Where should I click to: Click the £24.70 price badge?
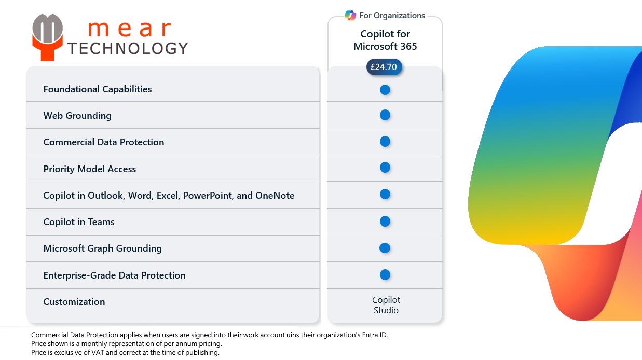tap(384, 67)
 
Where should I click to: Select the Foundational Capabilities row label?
tap(98, 89)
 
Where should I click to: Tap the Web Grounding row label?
tap(77, 116)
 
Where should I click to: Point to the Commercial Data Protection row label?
tap(104, 142)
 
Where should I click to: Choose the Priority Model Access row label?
tap(90, 169)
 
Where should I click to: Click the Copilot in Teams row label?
tap(79, 222)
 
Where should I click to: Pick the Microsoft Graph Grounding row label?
tap(103, 248)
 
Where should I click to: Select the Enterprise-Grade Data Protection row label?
tap(114, 275)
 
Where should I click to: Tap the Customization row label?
tap(74, 302)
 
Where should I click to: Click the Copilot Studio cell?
tap(386, 305)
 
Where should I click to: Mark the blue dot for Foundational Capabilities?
tap(385, 90)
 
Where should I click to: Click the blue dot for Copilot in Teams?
tap(385, 221)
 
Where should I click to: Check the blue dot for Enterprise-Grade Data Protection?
tap(385, 275)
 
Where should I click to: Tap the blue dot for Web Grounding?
tap(385, 115)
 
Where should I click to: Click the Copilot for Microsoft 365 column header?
tap(385, 40)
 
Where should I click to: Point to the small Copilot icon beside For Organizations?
tap(350, 16)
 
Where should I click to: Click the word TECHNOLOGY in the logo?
tap(128, 48)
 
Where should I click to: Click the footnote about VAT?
tap(125, 353)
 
